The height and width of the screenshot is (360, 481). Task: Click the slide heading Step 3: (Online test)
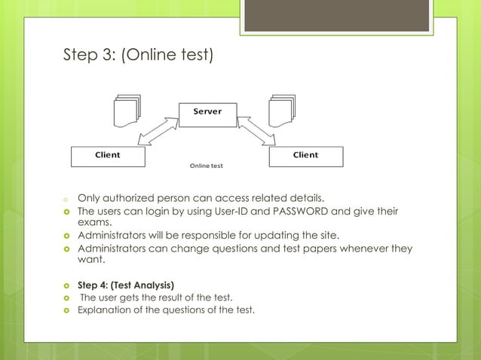pos(139,55)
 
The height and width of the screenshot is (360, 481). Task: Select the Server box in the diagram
pos(207,112)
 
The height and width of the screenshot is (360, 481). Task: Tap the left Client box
pos(107,155)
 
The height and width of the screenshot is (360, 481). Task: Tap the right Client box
pos(305,155)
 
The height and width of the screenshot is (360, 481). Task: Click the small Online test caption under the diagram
pos(206,165)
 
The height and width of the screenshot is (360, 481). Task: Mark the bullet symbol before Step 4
pos(66,285)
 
